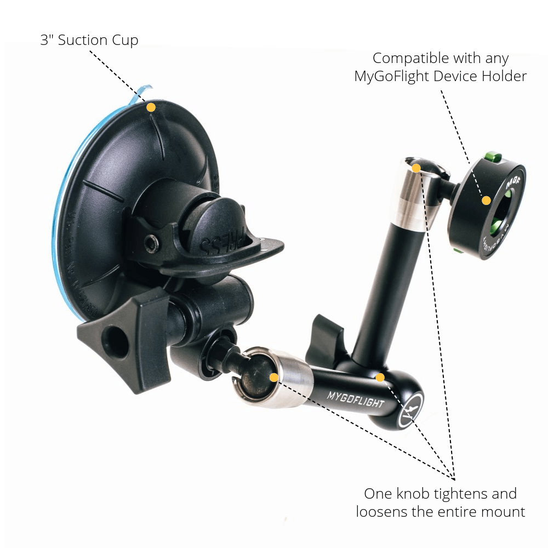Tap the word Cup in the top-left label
(127, 41)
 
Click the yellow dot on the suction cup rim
(151, 107)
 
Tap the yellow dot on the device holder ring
(486, 201)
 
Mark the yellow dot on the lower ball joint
(274, 377)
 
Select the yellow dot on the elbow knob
(380, 377)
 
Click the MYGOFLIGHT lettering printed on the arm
(356, 399)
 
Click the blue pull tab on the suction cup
(144, 92)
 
